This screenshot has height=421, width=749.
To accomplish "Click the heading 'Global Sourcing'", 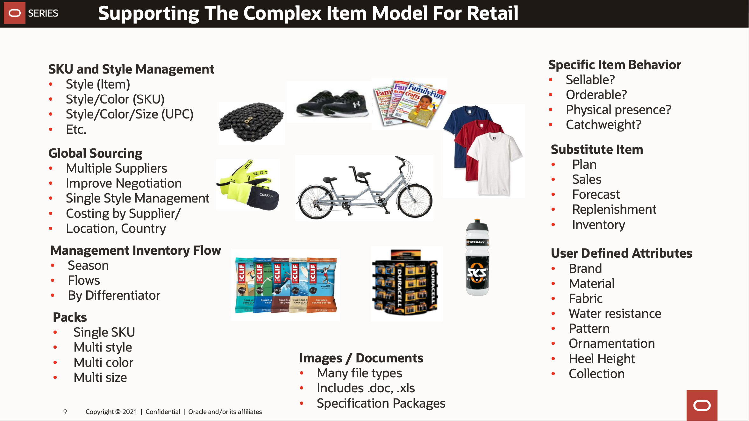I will pyautogui.click(x=95, y=153).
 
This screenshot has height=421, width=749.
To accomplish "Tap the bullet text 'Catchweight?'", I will pyautogui.click(x=603, y=125).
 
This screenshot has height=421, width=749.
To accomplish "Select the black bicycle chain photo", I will pyautogui.click(x=251, y=123).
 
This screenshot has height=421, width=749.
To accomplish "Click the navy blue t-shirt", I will pyautogui.click(x=459, y=127).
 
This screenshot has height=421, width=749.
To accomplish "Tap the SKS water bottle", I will pyautogui.click(x=477, y=258).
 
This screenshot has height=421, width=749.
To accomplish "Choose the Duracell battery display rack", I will pyautogui.click(x=406, y=283).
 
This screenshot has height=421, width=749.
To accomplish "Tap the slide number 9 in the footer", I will pyautogui.click(x=65, y=411).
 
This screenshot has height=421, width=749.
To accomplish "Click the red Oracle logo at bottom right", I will pyautogui.click(x=702, y=405).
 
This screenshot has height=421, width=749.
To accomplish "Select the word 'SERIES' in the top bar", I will pyautogui.click(x=43, y=13).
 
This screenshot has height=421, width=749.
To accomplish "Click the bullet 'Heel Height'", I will pyautogui.click(x=602, y=359).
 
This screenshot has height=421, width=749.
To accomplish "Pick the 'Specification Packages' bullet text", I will pyautogui.click(x=381, y=403).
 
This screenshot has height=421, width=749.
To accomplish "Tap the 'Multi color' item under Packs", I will pyautogui.click(x=103, y=362).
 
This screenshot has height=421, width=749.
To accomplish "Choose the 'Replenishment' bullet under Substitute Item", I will pyautogui.click(x=614, y=209).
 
